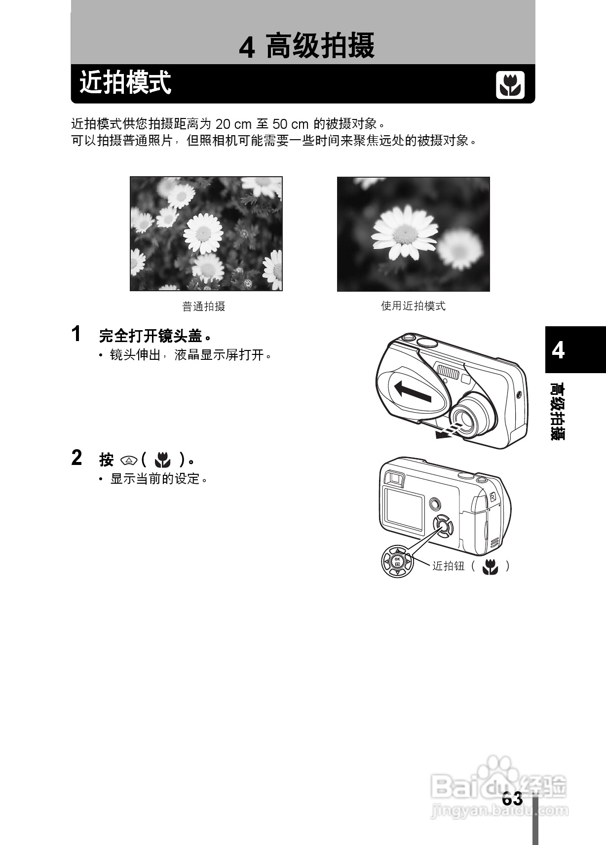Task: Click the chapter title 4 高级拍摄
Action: point(306,46)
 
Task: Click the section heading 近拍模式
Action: point(125,83)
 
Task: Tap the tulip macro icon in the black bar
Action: point(510,85)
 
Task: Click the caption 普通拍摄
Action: point(204,307)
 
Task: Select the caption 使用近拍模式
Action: point(413,306)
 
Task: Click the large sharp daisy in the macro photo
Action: point(404,232)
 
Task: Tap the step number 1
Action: point(76,334)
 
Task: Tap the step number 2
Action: point(76,458)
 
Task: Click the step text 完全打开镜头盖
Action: point(154,336)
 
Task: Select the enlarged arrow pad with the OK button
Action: point(397,561)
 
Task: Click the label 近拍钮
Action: point(448,566)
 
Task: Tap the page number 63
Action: point(512,799)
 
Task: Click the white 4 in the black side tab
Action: point(558,350)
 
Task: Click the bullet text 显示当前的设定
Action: point(159,479)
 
